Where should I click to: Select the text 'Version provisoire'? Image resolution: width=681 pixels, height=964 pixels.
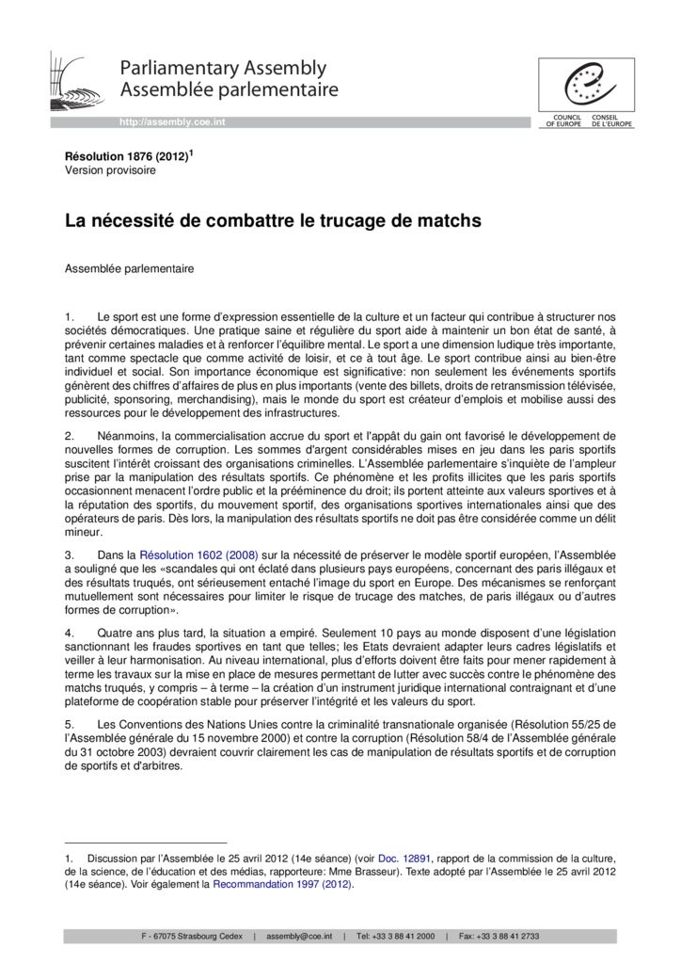[x=110, y=170]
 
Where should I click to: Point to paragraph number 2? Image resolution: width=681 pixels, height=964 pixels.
[x=69, y=436]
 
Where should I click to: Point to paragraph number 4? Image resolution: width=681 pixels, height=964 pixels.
[x=69, y=634]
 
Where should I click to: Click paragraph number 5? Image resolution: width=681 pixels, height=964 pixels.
[x=69, y=725]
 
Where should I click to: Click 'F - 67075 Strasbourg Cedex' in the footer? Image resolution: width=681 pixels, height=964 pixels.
[x=191, y=937]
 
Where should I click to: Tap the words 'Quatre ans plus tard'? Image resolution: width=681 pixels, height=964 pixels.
[x=149, y=634]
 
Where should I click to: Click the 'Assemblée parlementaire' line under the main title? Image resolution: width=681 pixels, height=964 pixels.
[x=129, y=269]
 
